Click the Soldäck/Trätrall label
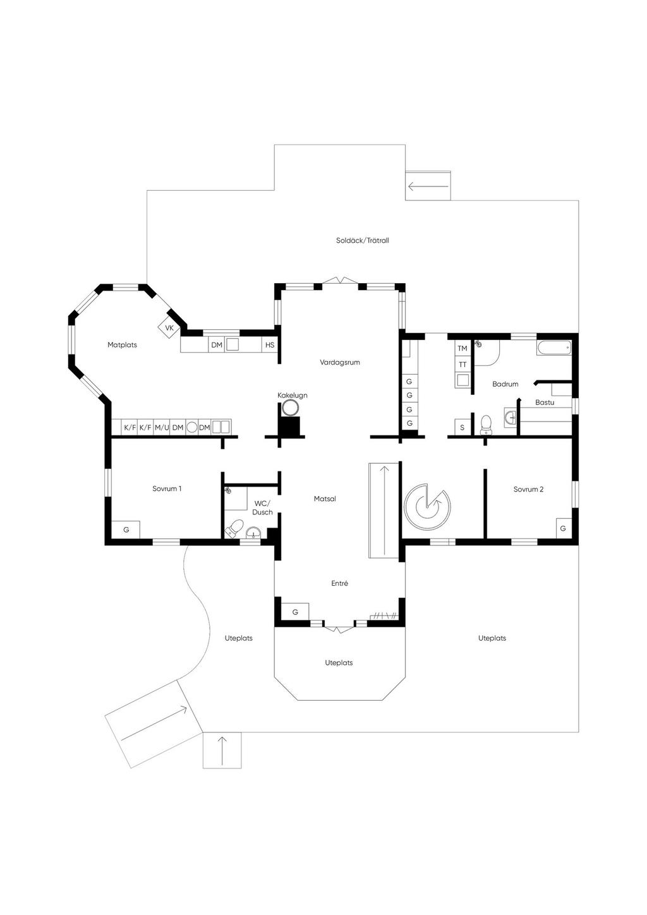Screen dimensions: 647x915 click(x=362, y=241)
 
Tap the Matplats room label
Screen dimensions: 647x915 click(x=122, y=345)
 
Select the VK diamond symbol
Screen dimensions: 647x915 click(x=169, y=327)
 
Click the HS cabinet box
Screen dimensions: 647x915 click(x=270, y=345)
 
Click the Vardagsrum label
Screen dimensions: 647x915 click(x=340, y=362)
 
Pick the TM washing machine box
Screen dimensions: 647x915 click(x=463, y=348)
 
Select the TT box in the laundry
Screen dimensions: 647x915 click(x=463, y=365)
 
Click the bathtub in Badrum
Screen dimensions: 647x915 click(x=554, y=348)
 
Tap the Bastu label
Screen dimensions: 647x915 click(x=545, y=403)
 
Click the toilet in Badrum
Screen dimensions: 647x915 click(x=486, y=425)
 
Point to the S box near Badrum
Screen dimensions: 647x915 click(x=463, y=427)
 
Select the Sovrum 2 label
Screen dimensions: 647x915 click(x=529, y=489)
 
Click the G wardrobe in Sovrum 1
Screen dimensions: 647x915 click(x=126, y=530)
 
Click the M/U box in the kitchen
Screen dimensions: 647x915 click(x=162, y=427)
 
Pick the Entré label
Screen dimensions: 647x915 click(x=340, y=583)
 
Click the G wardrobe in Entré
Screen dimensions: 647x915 click(x=295, y=612)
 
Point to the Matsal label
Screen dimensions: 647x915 click(x=325, y=499)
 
